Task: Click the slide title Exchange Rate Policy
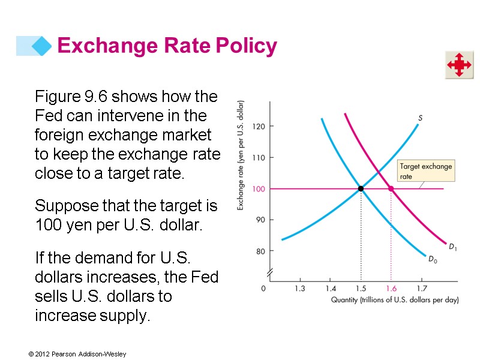tap(167, 46)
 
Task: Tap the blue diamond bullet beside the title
tap(41, 46)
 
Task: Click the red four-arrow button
tap(459, 65)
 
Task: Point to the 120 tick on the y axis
tap(259, 127)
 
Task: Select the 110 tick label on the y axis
tap(259, 158)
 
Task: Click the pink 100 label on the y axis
tap(259, 189)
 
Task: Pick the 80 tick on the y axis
tap(260, 251)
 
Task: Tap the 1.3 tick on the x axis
tap(299, 289)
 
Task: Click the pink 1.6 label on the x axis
tap(391, 289)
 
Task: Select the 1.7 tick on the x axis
tap(421, 289)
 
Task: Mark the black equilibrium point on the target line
tap(361, 189)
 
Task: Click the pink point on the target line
tap(391, 189)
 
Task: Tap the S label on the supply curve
tap(420, 118)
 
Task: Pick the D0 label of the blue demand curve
tap(432, 259)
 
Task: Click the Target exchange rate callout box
tap(425, 171)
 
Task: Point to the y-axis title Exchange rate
tap(241, 154)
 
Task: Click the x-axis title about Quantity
tap(394, 300)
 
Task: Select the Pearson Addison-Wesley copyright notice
tap(77, 355)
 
